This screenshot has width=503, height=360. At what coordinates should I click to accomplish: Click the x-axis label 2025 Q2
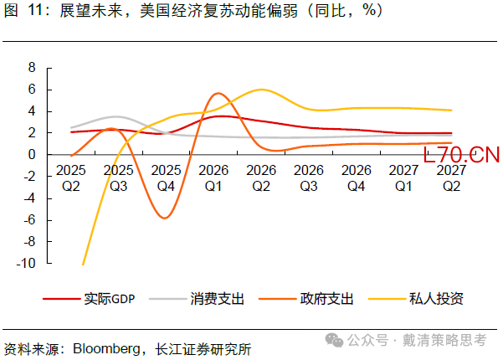70,177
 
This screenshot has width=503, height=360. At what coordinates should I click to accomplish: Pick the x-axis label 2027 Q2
452,177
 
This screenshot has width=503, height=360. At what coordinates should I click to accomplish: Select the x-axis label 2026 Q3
309,177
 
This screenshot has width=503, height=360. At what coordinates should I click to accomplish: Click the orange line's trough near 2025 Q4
166,218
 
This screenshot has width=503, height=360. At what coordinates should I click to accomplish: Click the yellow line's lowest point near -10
83,264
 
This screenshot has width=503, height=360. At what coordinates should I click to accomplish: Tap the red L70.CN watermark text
461,155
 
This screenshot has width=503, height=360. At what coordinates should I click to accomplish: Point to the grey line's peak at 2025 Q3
116,116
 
